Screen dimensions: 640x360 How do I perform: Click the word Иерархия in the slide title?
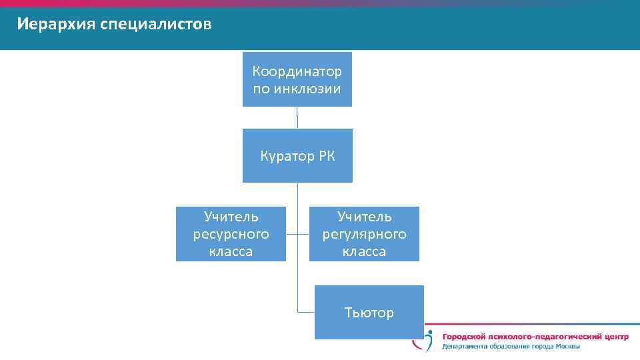pos(56,25)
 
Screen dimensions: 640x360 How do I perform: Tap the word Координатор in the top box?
pos(297,71)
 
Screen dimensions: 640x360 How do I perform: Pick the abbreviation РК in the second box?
pos(327,157)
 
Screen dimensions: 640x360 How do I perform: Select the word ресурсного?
pos(231,234)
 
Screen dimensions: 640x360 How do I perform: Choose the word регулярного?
pos(364,234)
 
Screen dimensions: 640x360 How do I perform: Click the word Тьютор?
pos(369,313)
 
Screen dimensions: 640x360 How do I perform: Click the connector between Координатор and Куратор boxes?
pos(297,117)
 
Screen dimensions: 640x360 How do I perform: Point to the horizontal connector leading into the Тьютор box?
pos(306,312)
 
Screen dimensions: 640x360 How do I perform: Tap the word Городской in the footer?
pos(464,337)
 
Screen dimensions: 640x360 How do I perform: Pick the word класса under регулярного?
pos(364,251)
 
